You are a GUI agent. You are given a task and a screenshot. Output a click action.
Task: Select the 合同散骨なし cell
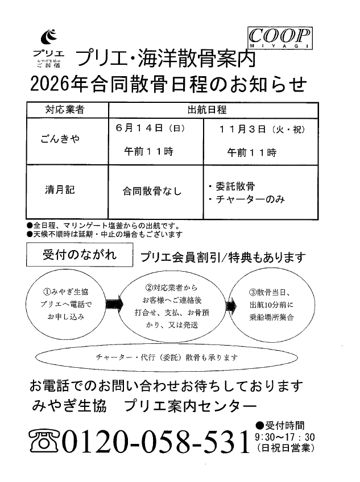[x=152, y=192]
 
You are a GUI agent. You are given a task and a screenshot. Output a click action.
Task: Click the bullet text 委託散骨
[x=234, y=186]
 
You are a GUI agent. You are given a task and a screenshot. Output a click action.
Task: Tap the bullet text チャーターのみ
[x=249, y=200]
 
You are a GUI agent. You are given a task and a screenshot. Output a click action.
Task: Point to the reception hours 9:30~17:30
[x=285, y=437]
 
